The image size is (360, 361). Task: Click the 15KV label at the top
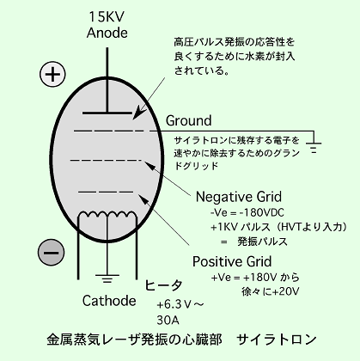pos(107,17)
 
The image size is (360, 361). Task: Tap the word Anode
pos(107,33)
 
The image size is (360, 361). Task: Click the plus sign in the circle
pos(52,75)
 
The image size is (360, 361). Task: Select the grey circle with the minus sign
pos(51,252)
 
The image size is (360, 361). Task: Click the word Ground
pos(189,120)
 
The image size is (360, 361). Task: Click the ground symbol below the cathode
pos(107,278)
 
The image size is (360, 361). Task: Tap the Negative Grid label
pos(239,197)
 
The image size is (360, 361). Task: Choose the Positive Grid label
pos(232,261)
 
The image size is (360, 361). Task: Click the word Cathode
pos(109,301)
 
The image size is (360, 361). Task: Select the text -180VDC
pos(262,213)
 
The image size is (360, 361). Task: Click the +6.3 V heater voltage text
pos(180,304)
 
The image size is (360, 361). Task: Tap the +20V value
pos(285,291)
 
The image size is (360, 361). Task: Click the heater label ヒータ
pos(163,285)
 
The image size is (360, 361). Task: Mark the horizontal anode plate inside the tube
pos(107,113)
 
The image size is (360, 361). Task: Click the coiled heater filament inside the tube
pos(107,215)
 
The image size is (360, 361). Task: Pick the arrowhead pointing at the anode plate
pos(137,114)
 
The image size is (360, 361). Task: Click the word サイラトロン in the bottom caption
pos(277,340)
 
